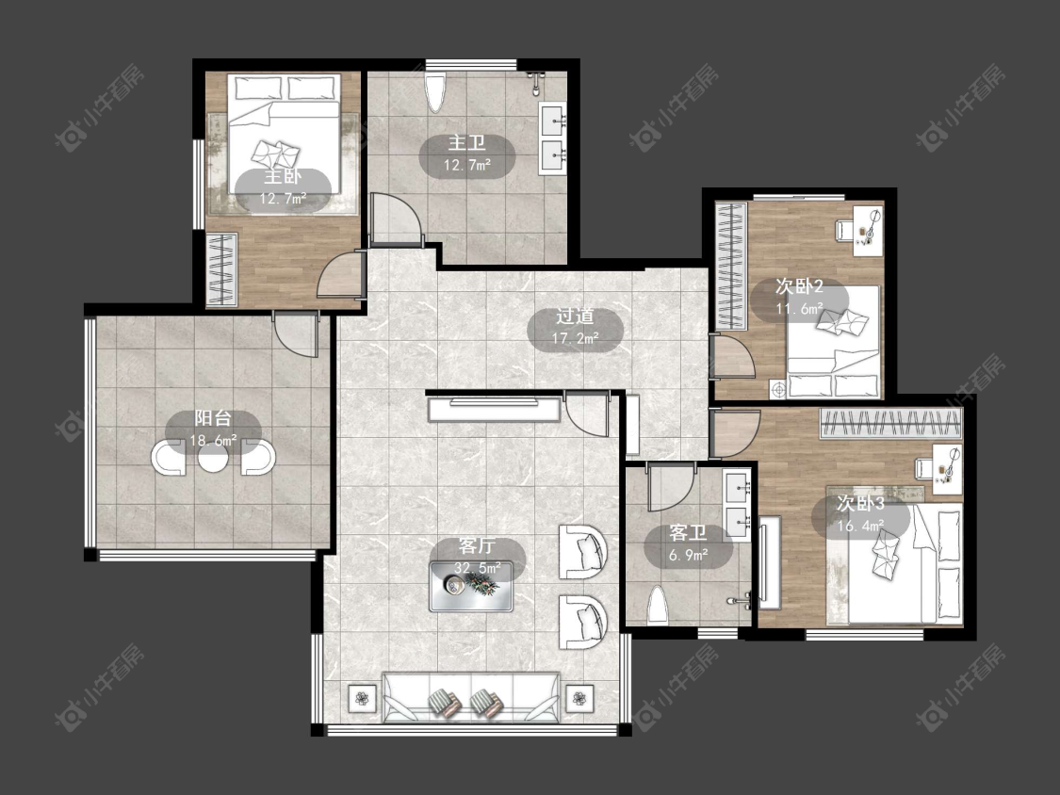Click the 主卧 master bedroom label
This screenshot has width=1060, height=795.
tap(283, 177)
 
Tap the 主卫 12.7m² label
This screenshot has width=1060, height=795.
tap(466, 154)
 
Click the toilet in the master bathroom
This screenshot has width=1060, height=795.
tap(436, 90)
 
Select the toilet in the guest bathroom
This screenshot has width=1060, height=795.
tap(658, 605)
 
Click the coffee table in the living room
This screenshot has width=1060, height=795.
tap(471, 586)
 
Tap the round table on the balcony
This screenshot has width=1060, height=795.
tap(213, 459)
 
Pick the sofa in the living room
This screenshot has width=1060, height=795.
tap(471, 697)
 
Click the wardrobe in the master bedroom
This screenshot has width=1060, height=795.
tap(221, 269)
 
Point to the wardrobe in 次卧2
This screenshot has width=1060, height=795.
tap(731, 266)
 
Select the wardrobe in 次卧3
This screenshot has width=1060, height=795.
tap(890, 424)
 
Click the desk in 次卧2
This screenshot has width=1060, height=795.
tap(868, 229)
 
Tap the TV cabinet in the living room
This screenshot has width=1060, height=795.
tap(495, 409)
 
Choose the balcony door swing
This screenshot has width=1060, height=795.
tap(296, 334)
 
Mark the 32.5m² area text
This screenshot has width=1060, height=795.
tap(478, 568)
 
